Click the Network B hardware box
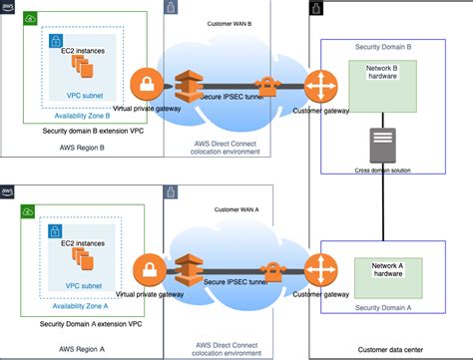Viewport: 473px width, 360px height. coord(384,83)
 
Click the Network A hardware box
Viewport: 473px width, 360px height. coord(384,275)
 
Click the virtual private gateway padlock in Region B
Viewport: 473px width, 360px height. coord(148,82)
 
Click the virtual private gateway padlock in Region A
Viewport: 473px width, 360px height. coord(148,267)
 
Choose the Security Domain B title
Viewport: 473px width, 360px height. coord(383,47)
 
